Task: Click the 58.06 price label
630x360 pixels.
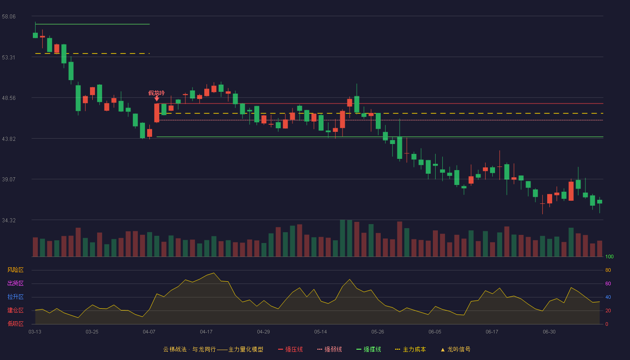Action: tap(9, 17)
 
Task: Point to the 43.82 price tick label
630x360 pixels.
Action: tap(9, 139)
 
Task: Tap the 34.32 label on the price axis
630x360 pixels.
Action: tap(9, 220)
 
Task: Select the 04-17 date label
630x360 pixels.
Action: tap(206, 332)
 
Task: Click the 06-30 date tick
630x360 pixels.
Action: tap(549, 332)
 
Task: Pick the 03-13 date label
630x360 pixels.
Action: tap(35, 332)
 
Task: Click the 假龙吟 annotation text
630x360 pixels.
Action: tap(157, 93)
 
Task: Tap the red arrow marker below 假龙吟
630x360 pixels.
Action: tap(157, 99)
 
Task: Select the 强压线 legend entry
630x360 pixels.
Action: tap(290, 349)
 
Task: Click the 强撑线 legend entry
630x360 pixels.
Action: tap(369, 349)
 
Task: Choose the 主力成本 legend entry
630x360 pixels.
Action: tap(410, 349)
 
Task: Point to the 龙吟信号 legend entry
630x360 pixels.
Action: tap(455, 349)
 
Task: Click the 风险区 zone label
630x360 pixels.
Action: tap(15, 270)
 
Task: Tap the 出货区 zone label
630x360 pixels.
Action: tap(15, 283)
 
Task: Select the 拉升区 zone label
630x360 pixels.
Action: tap(15, 297)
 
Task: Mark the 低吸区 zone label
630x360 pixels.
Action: tap(15, 324)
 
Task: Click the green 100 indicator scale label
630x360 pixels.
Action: tap(609, 256)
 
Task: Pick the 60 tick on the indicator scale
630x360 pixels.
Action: tap(608, 283)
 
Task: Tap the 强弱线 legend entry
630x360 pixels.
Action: tap(329, 349)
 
